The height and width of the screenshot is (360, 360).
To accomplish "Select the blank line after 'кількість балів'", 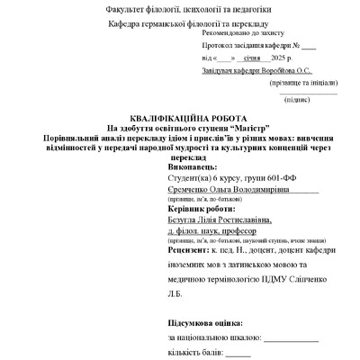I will (x=238, y=353).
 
